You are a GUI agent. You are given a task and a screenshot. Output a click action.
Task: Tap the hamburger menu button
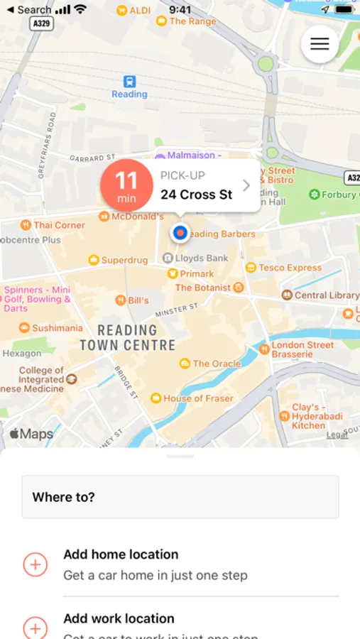320,44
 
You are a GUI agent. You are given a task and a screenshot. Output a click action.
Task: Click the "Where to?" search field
180,497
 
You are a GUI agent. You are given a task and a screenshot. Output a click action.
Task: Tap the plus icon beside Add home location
36,564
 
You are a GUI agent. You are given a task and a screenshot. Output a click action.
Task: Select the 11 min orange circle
126,186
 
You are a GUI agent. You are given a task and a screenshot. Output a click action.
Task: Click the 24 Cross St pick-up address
196,195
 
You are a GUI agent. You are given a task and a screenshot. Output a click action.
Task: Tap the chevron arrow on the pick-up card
246,185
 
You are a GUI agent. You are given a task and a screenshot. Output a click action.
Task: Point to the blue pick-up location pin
180,232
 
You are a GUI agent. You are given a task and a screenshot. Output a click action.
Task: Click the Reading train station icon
129,82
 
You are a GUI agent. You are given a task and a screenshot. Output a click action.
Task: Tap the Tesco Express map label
283,268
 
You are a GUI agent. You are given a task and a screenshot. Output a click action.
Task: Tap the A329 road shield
42,23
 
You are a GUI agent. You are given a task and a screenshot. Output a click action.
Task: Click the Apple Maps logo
31,434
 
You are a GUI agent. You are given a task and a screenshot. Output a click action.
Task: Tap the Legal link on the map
337,435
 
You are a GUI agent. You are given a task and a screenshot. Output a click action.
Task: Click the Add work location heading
119,618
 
